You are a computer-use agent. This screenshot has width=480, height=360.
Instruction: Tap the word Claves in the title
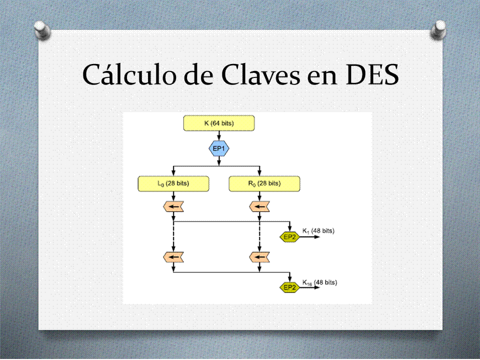click(x=260, y=74)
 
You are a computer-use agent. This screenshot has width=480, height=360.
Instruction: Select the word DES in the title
click(x=372, y=74)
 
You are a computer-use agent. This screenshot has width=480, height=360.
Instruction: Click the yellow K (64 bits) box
click(x=219, y=123)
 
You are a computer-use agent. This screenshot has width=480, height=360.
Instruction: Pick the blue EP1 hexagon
click(x=219, y=148)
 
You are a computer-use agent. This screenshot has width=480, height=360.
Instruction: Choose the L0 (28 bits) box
click(x=173, y=183)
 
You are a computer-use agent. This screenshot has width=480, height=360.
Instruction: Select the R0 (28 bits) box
click(x=264, y=183)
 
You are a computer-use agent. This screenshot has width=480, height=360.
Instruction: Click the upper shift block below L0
click(x=173, y=206)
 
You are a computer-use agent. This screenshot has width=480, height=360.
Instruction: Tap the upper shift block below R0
click(x=259, y=206)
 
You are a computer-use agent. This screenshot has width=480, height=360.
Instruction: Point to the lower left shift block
click(x=173, y=257)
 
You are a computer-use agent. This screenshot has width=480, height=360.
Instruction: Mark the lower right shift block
click(x=259, y=257)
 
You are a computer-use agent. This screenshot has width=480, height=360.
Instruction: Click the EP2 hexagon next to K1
click(x=289, y=236)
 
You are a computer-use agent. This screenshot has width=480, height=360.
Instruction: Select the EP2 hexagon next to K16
click(x=289, y=287)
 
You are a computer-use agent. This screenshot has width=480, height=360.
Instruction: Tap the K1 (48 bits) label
click(x=318, y=231)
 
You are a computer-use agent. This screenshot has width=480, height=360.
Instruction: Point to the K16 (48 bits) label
click(x=319, y=282)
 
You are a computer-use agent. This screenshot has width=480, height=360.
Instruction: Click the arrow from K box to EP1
click(x=219, y=135)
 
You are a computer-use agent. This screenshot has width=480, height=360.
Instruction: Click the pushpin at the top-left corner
click(x=42, y=30)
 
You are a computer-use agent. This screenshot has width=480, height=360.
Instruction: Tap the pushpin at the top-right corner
click(x=438, y=29)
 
